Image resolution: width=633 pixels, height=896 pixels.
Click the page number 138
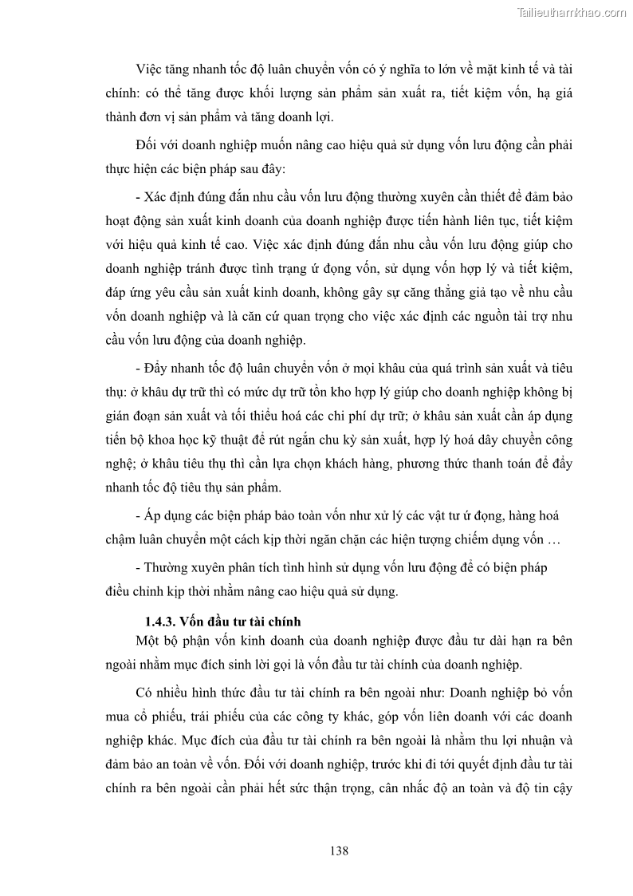[x=339, y=851]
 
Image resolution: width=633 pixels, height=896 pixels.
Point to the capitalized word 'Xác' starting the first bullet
[x=155, y=197]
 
